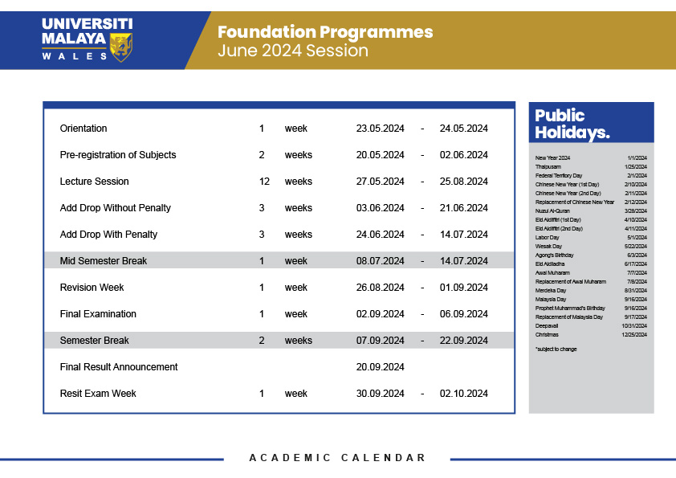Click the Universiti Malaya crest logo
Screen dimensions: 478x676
(121, 47)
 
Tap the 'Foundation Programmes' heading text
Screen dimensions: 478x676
(325, 32)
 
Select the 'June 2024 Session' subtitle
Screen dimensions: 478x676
(293, 51)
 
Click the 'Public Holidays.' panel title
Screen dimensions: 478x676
(571, 124)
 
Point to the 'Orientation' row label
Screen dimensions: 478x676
(83, 129)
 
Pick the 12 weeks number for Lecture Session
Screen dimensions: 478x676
(264, 182)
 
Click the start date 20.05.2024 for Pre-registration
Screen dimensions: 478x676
(381, 155)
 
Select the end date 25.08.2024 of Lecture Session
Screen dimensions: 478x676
(464, 182)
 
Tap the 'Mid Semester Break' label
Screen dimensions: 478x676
(104, 261)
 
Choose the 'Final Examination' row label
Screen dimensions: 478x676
(98, 314)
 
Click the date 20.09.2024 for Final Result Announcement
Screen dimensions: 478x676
(381, 367)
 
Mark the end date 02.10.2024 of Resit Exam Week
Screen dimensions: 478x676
(464, 394)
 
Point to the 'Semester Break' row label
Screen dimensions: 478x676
(95, 341)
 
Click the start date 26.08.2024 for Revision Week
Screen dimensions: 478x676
(381, 288)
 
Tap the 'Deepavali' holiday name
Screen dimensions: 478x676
(547, 325)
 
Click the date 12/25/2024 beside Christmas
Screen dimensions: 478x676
(634, 334)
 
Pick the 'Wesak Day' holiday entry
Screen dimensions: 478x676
(548, 246)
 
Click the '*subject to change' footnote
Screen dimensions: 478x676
(556, 349)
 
